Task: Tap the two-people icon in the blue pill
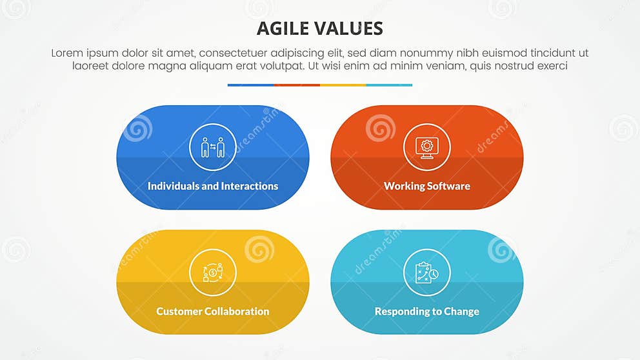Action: pyautogui.click(x=213, y=147)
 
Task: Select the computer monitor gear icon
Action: pyautogui.click(x=427, y=147)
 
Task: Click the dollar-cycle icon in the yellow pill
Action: pyautogui.click(x=213, y=272)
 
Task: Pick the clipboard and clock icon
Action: pyautogui.click(x=427, y=272)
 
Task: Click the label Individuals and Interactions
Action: pyautogui.click(x=213, y=186)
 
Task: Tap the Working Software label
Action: pyautogui.click(x=427, y=186)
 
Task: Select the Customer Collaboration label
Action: pyautogui.click(x=213, y=311)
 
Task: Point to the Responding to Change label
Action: pyautogui.click(x=427, y=311)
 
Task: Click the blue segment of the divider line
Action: pyautogui.click(x=250, y=85)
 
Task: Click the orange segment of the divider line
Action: pyautogui.click(x=297, y=85)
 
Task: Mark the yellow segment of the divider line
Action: pyautogui.click(x=343, y=85)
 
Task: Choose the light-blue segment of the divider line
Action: pyautogui.click(x=389, y=85)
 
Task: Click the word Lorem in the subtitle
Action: pyautogui.click(x=66, y=53)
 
